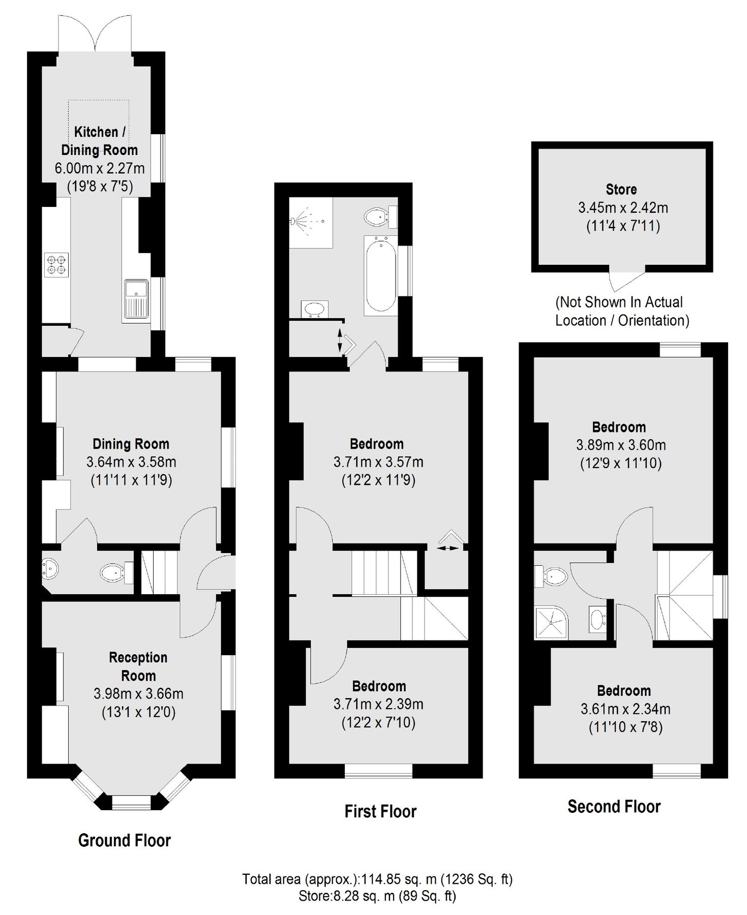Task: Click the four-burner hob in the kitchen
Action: (x=56, y=265)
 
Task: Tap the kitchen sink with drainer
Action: (x=136, y=300)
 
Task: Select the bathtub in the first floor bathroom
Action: (x=380, y=274)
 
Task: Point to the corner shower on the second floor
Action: (x=551, y=623)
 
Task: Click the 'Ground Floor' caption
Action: (x=125, y=840)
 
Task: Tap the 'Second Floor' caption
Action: (x=614, y=806)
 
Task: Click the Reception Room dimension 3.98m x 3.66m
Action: (x=138, y=693)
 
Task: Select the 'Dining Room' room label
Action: (x=131, y=444)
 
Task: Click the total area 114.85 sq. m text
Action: (x=377, y=879)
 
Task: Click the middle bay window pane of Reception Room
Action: (x=132, y=803)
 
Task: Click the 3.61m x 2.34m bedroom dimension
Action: (x=625, y=709)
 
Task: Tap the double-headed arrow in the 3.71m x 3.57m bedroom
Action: (x=446, y=548)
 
